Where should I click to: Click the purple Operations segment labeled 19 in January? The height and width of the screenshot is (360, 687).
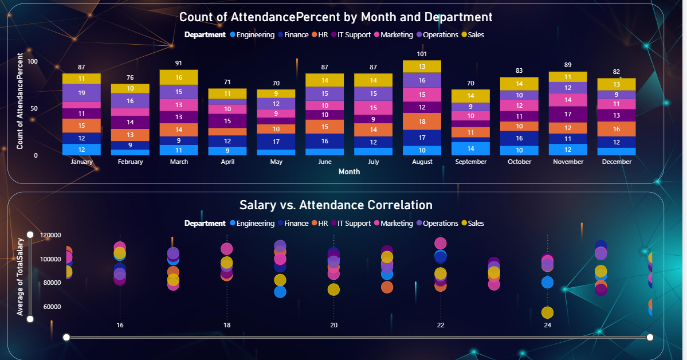coord(81,93)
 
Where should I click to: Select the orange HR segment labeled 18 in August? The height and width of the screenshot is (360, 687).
coord(422,122)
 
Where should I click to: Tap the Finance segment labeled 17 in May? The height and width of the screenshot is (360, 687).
coord(276,142)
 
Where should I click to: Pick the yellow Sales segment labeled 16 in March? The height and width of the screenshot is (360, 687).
coord(179,77)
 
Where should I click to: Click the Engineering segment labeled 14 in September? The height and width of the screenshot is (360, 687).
coord(470,148)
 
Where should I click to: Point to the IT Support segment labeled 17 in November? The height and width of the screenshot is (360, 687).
coord(568,114)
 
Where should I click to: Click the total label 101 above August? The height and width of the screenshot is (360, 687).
coord(422,54)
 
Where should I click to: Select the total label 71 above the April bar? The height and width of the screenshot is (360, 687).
coord(227,82)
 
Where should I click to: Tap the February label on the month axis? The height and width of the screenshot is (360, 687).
coord(130,162)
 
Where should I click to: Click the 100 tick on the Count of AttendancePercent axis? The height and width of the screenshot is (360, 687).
coord(32,61)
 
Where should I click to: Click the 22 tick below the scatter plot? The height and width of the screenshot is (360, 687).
coord(440,325)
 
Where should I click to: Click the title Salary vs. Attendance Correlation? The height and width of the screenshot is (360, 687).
coord(335,205)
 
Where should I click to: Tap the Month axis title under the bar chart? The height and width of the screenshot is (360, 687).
coord(349,171)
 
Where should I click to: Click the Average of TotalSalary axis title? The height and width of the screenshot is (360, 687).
coord(20,277)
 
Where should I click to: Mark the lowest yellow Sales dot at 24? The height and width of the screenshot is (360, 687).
coord(547,312)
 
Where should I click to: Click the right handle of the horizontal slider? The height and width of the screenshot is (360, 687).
coord(650,337)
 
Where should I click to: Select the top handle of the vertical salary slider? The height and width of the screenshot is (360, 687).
coord(30,234)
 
